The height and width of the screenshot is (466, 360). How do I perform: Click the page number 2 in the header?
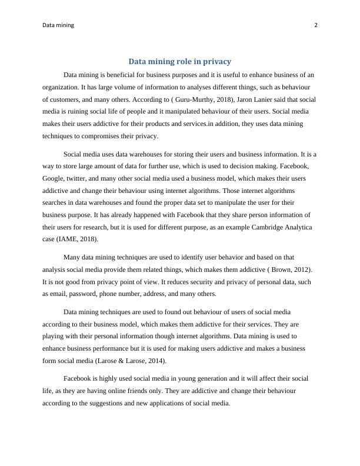pos(316,25)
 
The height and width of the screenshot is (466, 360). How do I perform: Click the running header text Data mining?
pos(58,25)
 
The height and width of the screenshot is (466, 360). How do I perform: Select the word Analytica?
pos(297,227)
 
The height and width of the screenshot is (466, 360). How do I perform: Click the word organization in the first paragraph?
pos(61,87)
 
